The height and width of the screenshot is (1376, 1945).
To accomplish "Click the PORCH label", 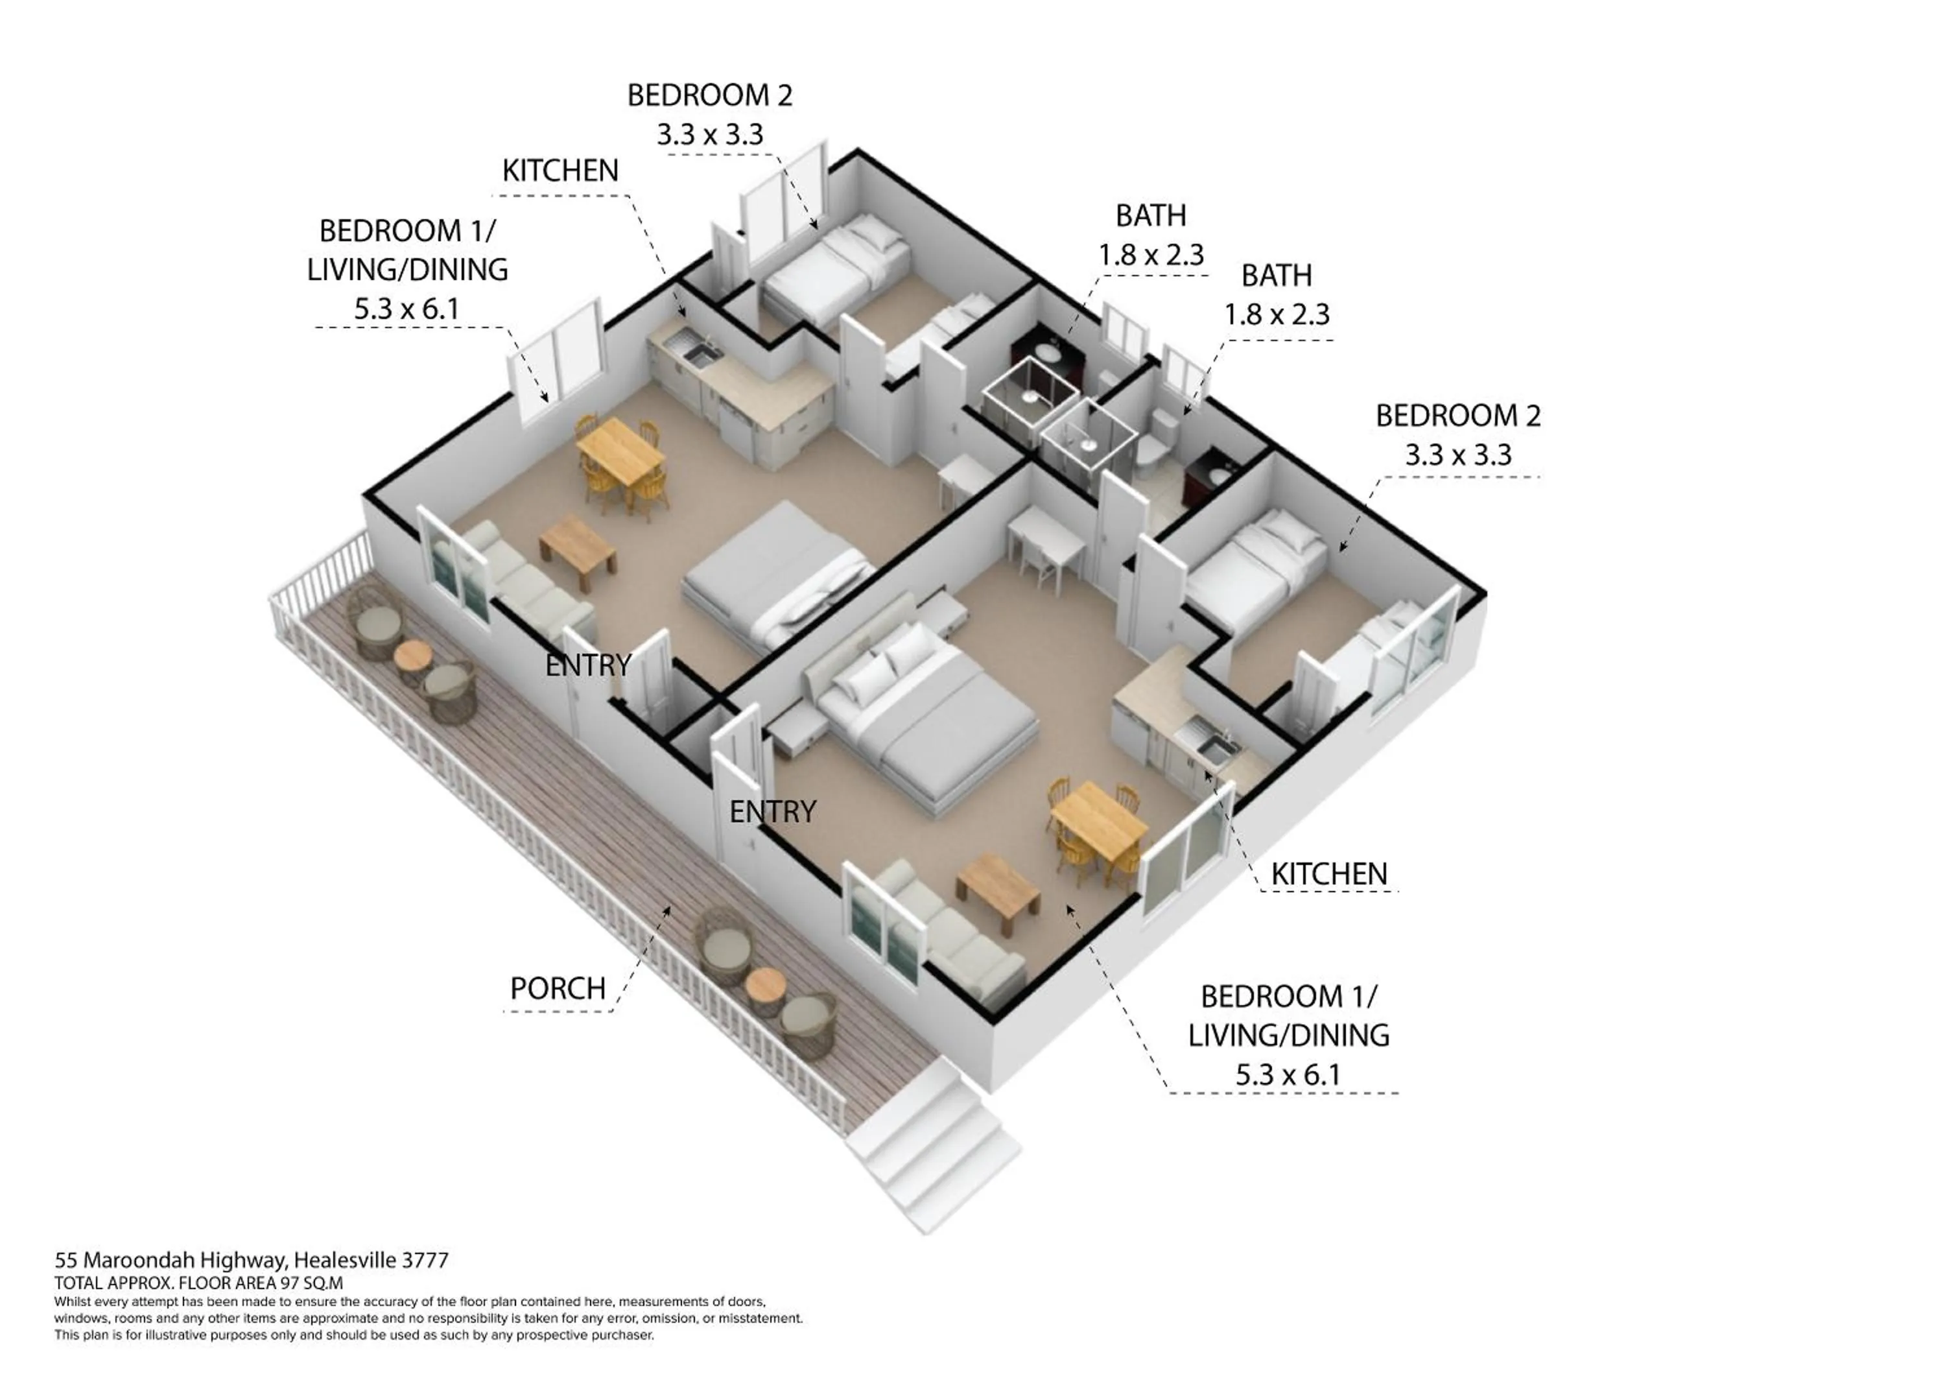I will (x=558, y=988).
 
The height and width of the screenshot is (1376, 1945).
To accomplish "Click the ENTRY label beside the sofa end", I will (x=588, y=665).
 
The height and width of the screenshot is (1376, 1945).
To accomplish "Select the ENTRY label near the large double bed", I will (x=772, y=812).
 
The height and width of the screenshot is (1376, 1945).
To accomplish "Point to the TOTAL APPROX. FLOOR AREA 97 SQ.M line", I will (x=199, y=1283).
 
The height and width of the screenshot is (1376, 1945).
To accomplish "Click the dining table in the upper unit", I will (x=619, y=451).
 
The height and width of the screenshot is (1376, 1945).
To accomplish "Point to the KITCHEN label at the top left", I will (x=560, y=171).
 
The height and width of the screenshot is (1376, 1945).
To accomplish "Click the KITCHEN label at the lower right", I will (x=1328, y=873).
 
